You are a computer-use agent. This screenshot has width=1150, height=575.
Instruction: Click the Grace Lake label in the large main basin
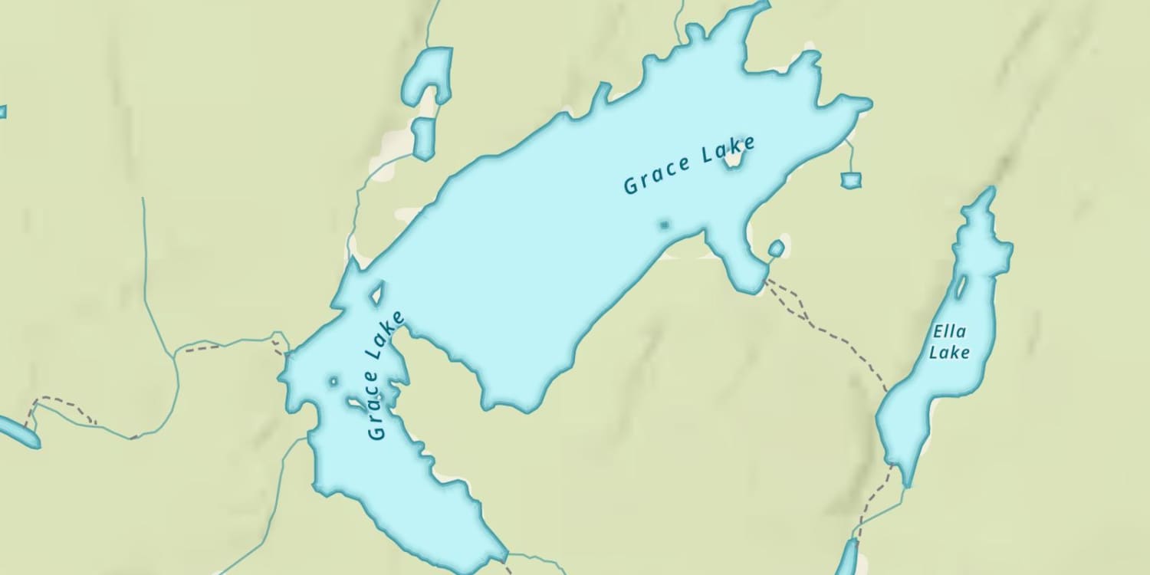pos(688,165)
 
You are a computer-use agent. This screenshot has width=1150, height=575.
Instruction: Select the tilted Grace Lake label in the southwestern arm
pos(385,375)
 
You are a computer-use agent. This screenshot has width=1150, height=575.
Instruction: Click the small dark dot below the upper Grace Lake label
pos(664,225)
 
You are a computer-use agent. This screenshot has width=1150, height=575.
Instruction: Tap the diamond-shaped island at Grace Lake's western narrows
pos(376,293)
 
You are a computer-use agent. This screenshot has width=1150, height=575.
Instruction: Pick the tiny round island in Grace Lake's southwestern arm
pos(333,380)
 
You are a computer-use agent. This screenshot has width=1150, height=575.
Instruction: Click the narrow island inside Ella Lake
pos(961,287)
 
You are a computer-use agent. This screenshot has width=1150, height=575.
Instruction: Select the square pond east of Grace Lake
pos(851,180)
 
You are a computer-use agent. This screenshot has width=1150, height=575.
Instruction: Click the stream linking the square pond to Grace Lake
pos(851,157)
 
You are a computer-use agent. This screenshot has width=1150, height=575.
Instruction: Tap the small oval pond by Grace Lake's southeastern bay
pos(776,248)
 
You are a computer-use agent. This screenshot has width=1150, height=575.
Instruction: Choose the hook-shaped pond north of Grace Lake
pos(430,73)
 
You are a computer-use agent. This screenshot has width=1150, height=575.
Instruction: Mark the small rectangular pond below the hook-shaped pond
pos(422,138)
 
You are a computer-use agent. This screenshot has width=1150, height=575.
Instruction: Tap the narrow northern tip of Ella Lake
pos(990,195)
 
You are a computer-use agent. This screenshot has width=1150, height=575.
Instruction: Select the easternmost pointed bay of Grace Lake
pos(865,103)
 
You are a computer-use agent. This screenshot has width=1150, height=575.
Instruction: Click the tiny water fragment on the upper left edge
pos(2,112)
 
